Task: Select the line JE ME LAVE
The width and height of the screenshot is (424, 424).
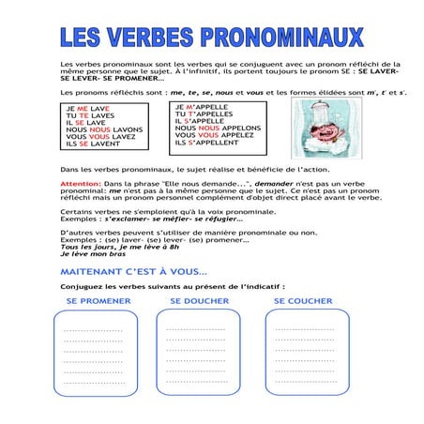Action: coord(85,109)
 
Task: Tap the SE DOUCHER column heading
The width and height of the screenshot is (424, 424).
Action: coord(201,300)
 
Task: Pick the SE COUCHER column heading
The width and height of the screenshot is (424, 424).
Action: coord(303,300)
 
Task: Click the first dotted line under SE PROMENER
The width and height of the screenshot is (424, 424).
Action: coord(93,331)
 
